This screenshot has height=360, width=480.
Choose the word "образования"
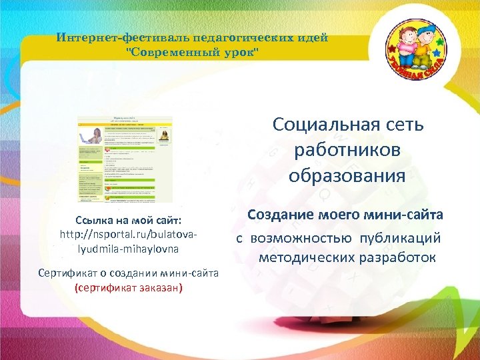click(347, 176)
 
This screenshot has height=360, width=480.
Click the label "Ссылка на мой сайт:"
click(129, 220)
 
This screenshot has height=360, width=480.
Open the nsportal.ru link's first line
click(129, 234)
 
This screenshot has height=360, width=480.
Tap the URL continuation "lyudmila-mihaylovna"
click(129, 248)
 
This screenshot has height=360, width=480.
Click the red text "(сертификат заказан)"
click(129, 288)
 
